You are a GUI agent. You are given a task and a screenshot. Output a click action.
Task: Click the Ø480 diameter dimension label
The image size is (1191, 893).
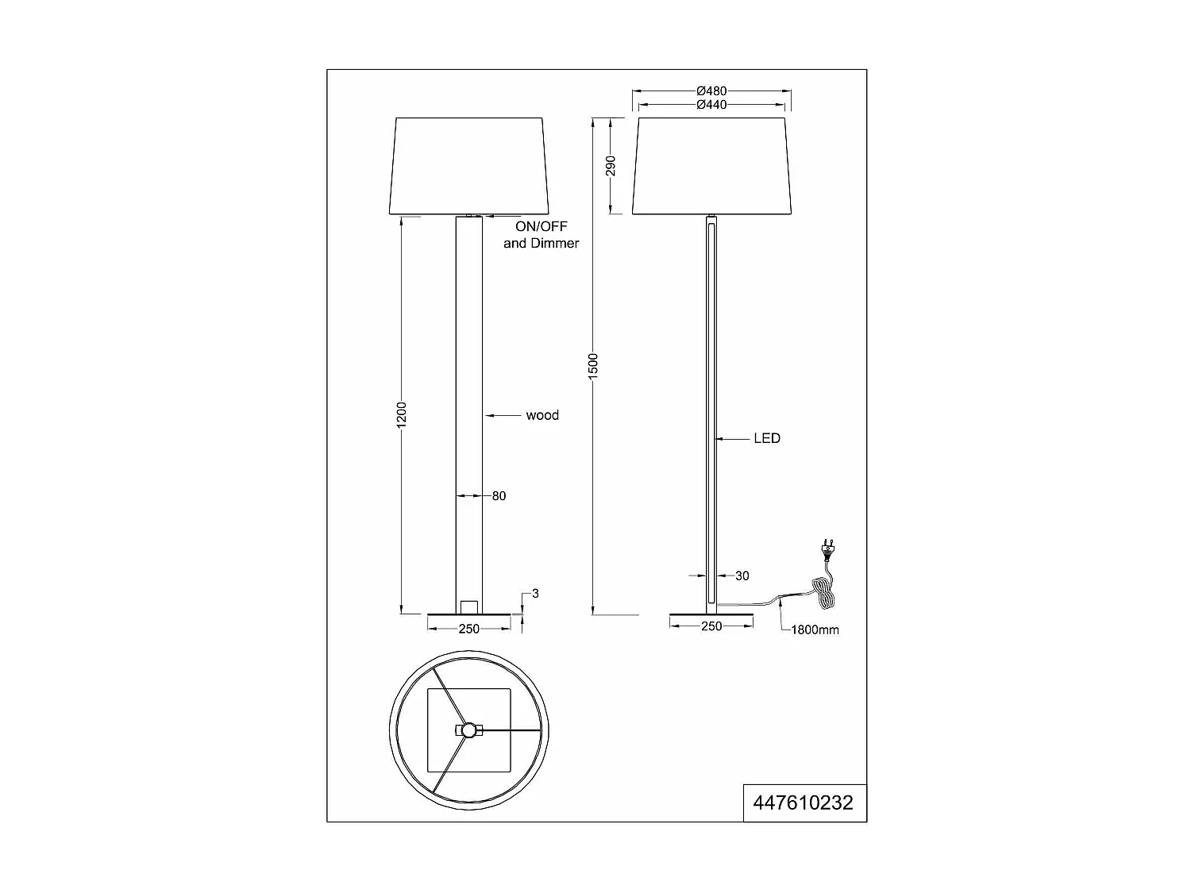pos(711,91)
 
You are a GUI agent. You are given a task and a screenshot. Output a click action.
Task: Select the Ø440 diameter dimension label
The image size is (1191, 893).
pos(711,105)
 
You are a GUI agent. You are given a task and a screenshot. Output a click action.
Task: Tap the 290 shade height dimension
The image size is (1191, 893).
pos(611,166)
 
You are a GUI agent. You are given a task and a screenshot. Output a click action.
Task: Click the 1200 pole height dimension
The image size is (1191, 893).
pos(402,415)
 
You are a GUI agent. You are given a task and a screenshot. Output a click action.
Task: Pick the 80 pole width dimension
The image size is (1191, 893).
pos(499,496)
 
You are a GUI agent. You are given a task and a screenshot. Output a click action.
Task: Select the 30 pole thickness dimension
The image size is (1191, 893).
pos(742,575)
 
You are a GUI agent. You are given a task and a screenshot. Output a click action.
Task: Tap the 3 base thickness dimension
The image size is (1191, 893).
pos(535,594)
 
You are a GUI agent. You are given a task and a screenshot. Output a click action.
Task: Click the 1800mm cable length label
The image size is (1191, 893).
pos(815,630)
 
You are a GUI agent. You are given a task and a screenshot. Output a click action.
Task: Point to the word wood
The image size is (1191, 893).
pos(542,415)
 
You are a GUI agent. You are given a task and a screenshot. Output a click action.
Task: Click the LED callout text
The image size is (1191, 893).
pos(767,438)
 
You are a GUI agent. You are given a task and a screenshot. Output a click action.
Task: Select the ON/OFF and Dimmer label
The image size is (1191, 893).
pos(542,235)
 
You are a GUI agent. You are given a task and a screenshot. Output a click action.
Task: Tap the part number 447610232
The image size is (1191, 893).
pos(804,803)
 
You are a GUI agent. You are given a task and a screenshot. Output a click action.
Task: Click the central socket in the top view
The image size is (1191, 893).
pos(468,729)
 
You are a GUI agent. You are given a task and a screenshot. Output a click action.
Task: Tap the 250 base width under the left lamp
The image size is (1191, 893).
pos(469,629)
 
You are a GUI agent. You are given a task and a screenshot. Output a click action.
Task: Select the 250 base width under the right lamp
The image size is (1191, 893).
pos(711,626)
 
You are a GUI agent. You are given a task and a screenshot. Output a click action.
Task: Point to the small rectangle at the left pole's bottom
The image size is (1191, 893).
pos(468,606)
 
